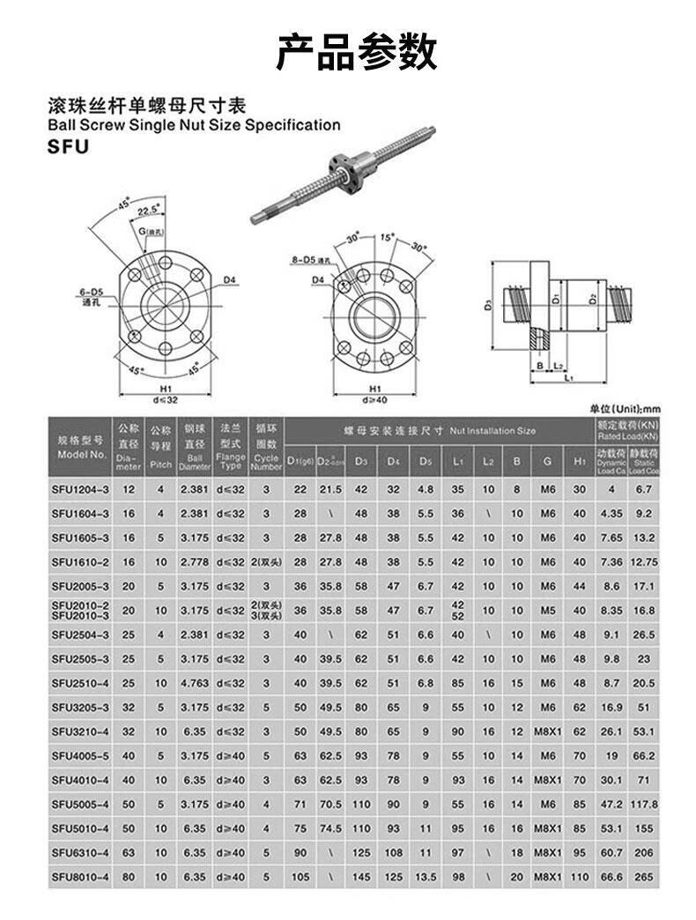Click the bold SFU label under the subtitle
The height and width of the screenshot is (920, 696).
point(68,147)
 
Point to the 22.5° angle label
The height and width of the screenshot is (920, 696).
point(149,210)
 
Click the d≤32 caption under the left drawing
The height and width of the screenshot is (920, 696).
point(166,398)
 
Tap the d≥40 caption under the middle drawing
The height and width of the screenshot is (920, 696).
point(374,398)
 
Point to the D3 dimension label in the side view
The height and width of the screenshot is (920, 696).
point(487,305)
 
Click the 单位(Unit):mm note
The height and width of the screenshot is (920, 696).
point(625,409)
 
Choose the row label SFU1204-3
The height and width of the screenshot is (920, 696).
point(80,488)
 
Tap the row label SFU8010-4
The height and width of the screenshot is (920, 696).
point(80,878)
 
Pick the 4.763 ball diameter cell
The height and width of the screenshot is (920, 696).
point(195,683)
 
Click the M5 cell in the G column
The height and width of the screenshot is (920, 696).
point(548,610)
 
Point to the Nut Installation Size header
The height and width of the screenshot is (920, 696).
point(440,431)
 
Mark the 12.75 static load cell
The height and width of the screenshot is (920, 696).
point(644,561)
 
